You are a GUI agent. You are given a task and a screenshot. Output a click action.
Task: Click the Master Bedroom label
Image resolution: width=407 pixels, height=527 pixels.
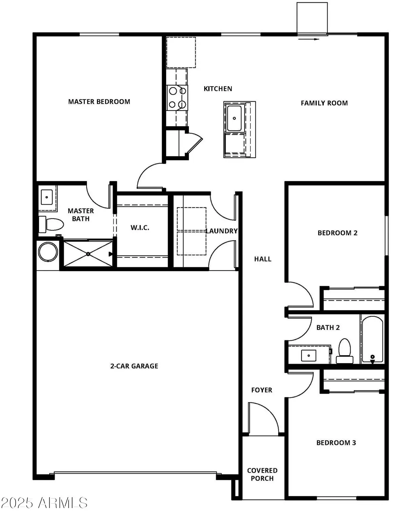(x=99, y=101)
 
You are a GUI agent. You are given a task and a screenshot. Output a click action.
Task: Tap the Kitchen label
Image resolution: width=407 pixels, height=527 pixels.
(x=218, y=89)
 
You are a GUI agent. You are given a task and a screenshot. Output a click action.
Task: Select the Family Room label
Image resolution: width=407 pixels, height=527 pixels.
(x=324, y=103)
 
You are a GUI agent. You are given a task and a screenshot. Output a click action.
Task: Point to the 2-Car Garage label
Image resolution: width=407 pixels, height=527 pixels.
(x=134, y=366)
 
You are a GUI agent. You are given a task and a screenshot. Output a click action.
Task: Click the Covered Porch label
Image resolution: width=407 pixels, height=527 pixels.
(x=262, y=474)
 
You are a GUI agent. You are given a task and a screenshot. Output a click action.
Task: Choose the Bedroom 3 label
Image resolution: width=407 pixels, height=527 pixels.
(x=336, y=443)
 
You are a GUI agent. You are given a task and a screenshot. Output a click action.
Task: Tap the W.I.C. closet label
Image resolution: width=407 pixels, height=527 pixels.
(x=140, y=227)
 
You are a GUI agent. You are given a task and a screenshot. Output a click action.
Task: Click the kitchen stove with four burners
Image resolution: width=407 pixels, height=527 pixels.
(x=177, y=98)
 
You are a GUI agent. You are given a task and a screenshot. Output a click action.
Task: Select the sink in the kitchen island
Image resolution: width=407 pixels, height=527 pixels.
(x=234, y=118)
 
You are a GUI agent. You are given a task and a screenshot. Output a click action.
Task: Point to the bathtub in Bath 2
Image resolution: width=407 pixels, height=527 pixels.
(x=372, y=339)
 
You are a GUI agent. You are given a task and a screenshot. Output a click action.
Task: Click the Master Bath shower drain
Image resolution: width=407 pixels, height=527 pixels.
(x=88, y=253)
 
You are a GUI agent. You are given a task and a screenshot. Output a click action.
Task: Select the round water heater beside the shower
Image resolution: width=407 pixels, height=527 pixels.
(x=47, y=251)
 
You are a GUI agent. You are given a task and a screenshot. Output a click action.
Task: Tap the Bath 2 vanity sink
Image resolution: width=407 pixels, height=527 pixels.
(x=309, y=355)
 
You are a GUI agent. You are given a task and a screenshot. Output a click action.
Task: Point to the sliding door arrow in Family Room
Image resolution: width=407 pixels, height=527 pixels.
(x=309, y=39)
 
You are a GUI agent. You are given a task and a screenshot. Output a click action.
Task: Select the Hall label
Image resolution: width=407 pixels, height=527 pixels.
(x=263, y=259)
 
